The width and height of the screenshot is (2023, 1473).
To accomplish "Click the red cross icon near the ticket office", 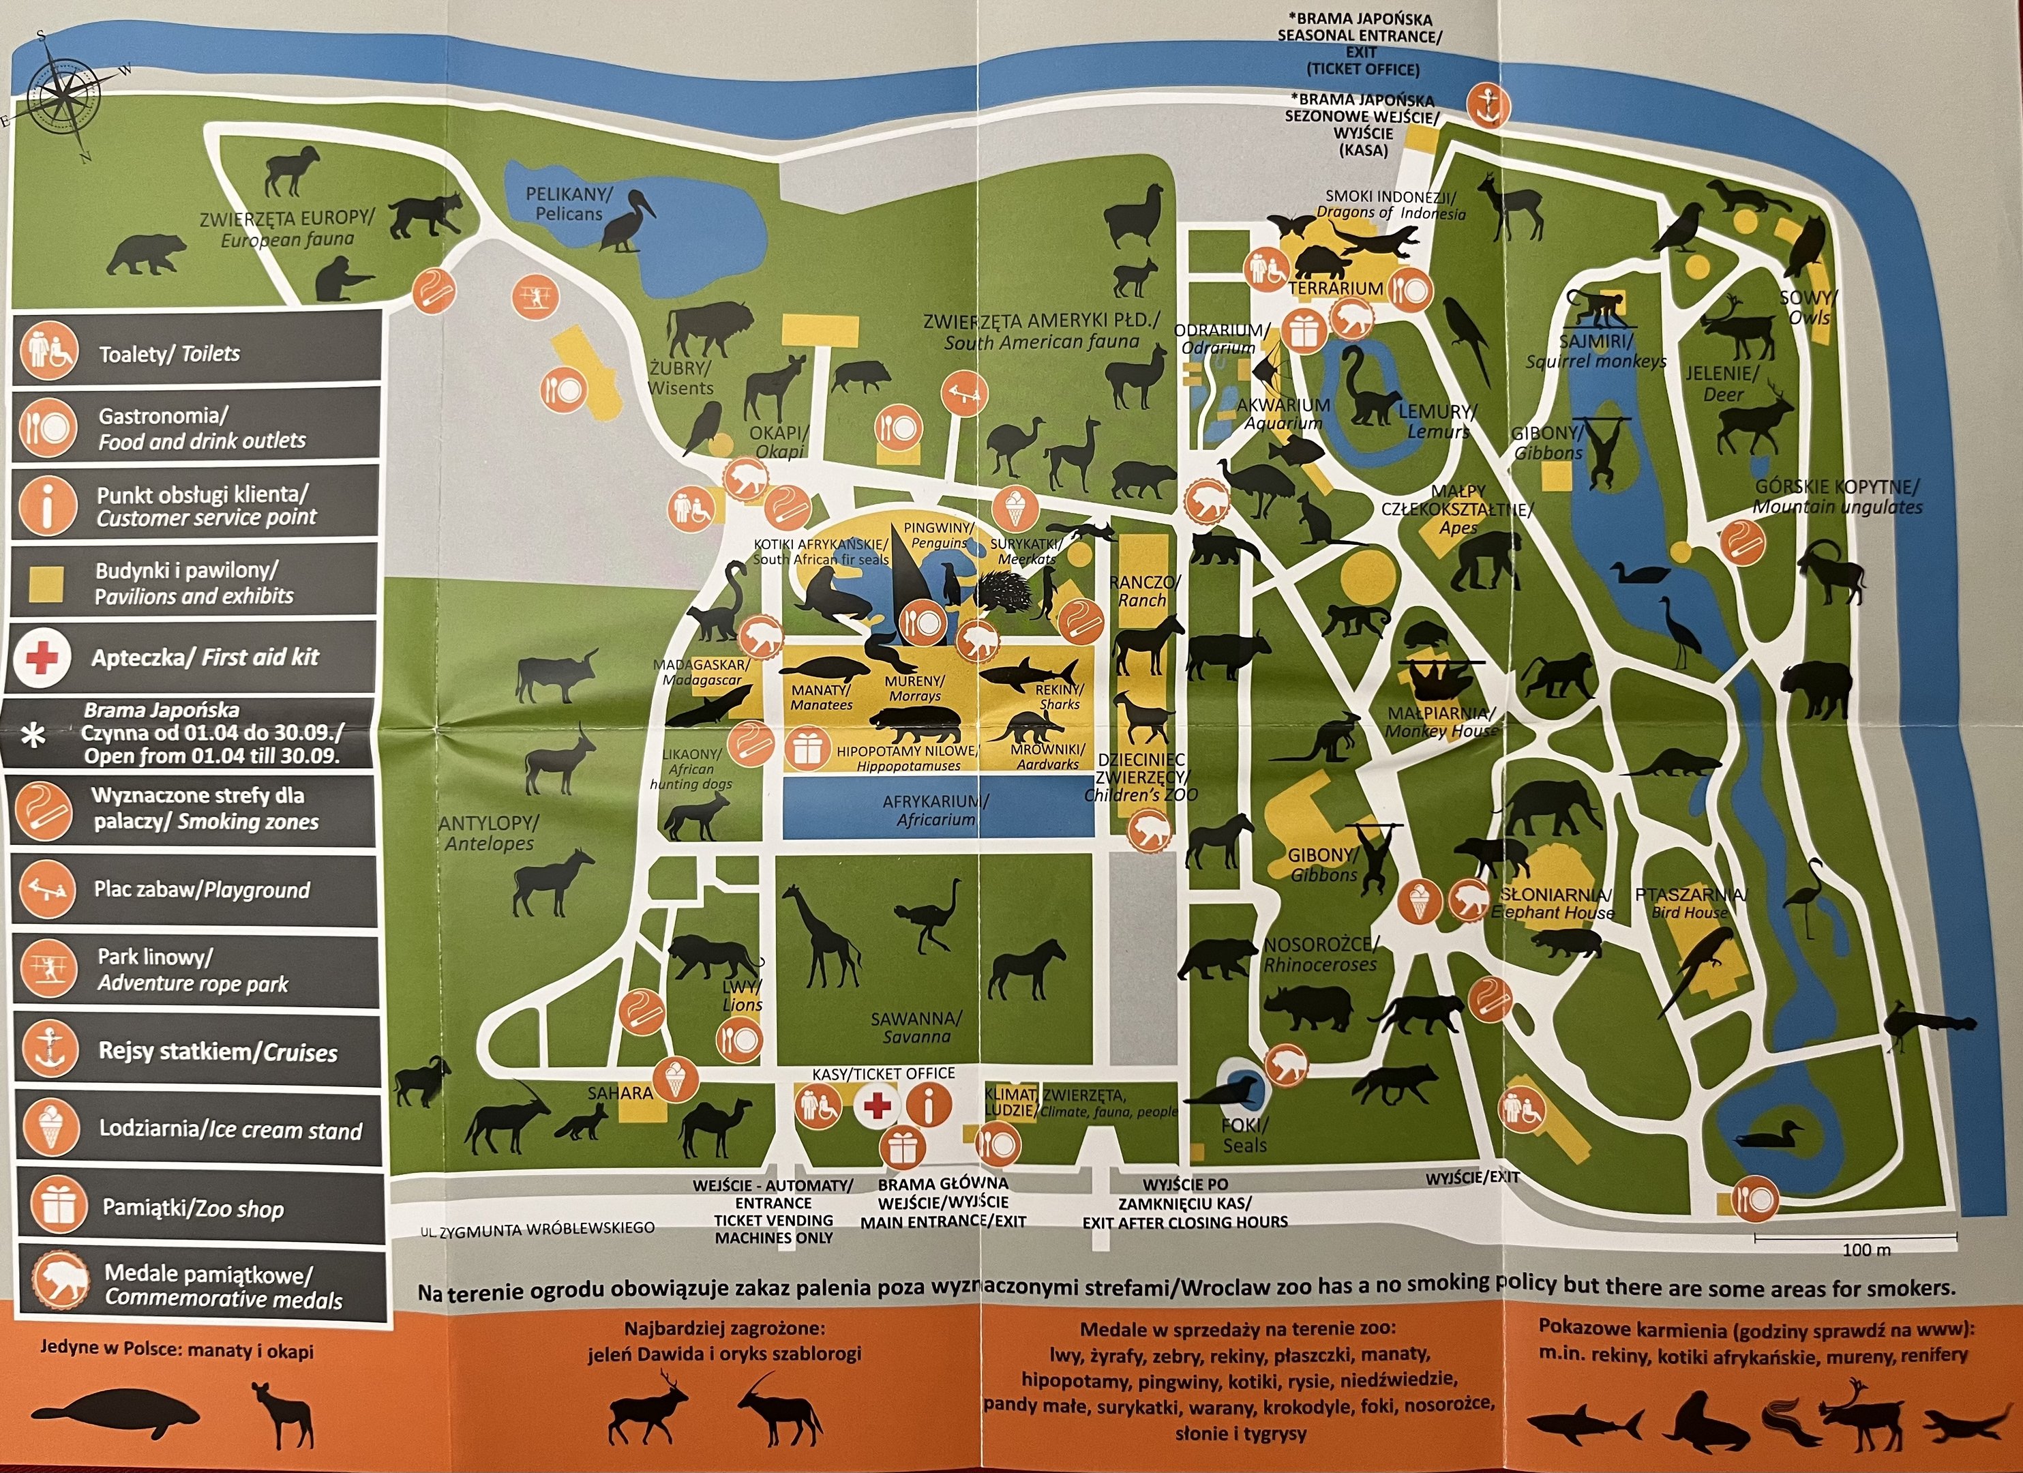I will [877, 1106].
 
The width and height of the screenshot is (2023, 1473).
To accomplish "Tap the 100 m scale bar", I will [1855, 1238].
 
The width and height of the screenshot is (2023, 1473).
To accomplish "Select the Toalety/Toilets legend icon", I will [49, 351].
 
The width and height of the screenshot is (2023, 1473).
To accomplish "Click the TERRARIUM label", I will [1335, 288].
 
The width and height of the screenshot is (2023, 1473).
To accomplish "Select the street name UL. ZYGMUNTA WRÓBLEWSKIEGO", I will [538, 1230].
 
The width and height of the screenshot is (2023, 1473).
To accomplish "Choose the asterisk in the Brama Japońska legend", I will [33, 735].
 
